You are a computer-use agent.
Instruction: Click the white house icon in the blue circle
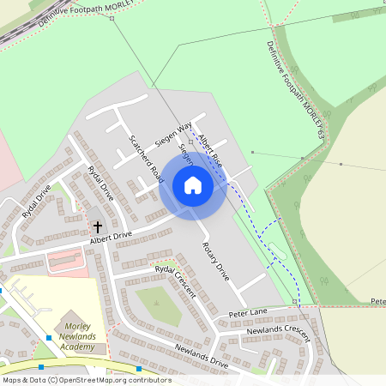pyautogui.click(x=193, y=185)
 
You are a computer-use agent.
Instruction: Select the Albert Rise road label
pyautogui.click(x=210, y=149)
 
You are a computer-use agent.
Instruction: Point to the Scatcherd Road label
pyautogui.click(x=146, y=160)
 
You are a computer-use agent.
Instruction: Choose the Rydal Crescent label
pyautogui.click(x=175, y=280)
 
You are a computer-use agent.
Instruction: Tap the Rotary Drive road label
pyautogui.click(x=215, y=262)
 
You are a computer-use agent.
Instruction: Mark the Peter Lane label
pyautogui.click(x=248, y=313)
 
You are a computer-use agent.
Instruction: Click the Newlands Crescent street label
pyautogui.click(x=277, y=330)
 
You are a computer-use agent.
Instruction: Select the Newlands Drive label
pyautogui.click(x=202, y=359)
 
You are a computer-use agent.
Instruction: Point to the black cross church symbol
pyautogui.click(x=97, y=227)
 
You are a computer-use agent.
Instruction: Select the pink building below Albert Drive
pyautogui.click(x=65, y=258)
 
